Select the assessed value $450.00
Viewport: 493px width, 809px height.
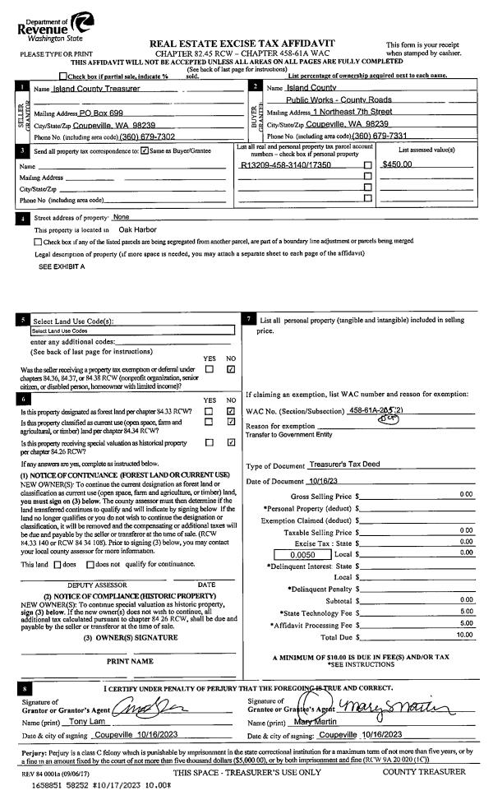click(398, 164)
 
